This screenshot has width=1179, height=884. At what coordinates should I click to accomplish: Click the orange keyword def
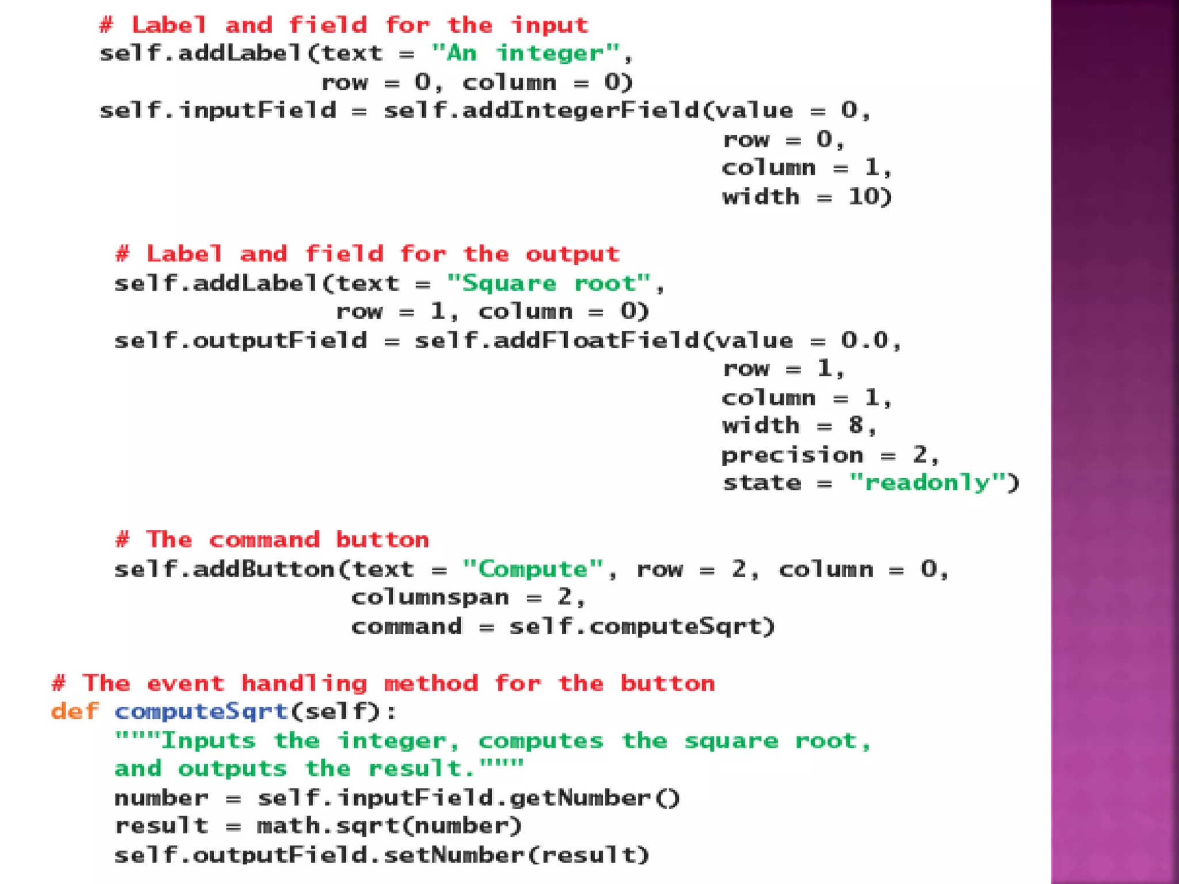[74, 711]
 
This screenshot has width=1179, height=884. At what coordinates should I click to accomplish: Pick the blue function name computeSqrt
[201, 711]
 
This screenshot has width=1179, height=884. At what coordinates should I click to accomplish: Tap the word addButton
[264, 569]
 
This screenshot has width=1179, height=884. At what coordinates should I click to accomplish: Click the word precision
[793, 455]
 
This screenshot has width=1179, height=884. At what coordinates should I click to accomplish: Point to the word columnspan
[430, 597]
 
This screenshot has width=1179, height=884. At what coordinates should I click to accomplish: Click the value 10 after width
[863, 197]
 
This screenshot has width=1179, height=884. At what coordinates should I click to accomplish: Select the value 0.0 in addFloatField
[865, 340]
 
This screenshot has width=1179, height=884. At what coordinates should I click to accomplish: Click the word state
[762, 482]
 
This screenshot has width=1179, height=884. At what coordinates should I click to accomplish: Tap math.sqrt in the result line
[328, 826]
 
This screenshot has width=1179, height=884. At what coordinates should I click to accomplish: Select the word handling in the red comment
[304, 683]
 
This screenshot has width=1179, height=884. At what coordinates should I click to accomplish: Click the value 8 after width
[856, 426]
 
